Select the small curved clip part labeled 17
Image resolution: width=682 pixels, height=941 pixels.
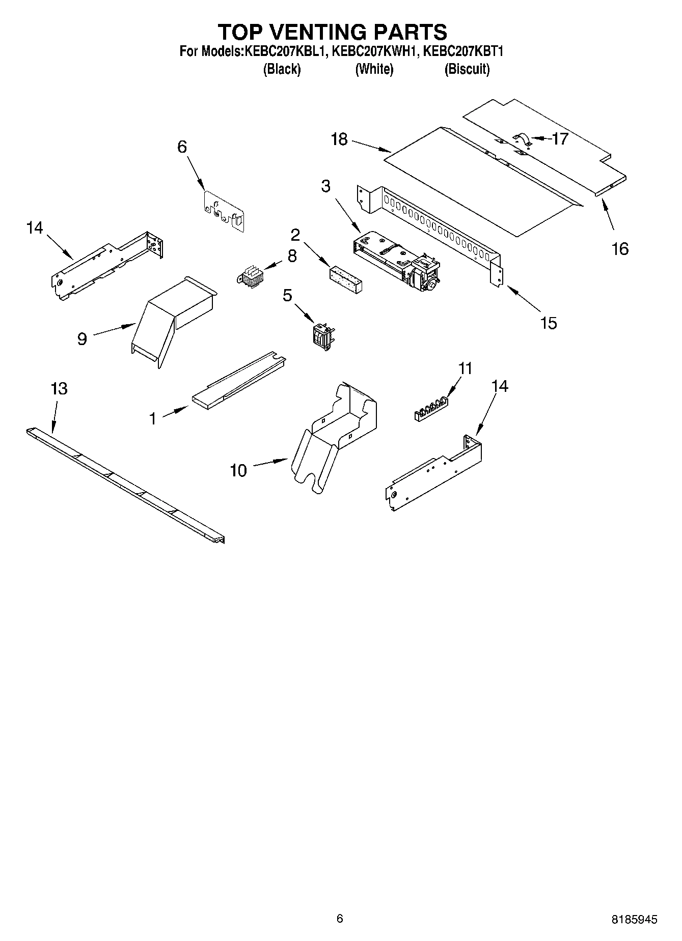point(522,138)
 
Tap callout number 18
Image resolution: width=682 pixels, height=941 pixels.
point(339,139)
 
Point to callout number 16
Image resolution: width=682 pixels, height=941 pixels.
point(620,249)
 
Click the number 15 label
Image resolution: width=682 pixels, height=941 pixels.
point(548,323)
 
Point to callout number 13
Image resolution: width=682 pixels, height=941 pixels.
point(59,389)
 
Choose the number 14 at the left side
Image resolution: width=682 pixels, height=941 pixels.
point(35,228)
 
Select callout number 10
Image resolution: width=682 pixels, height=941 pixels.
point(238,470)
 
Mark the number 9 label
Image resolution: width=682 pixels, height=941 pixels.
point(82,339)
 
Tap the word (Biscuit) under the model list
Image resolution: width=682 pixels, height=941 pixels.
point(467,69)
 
